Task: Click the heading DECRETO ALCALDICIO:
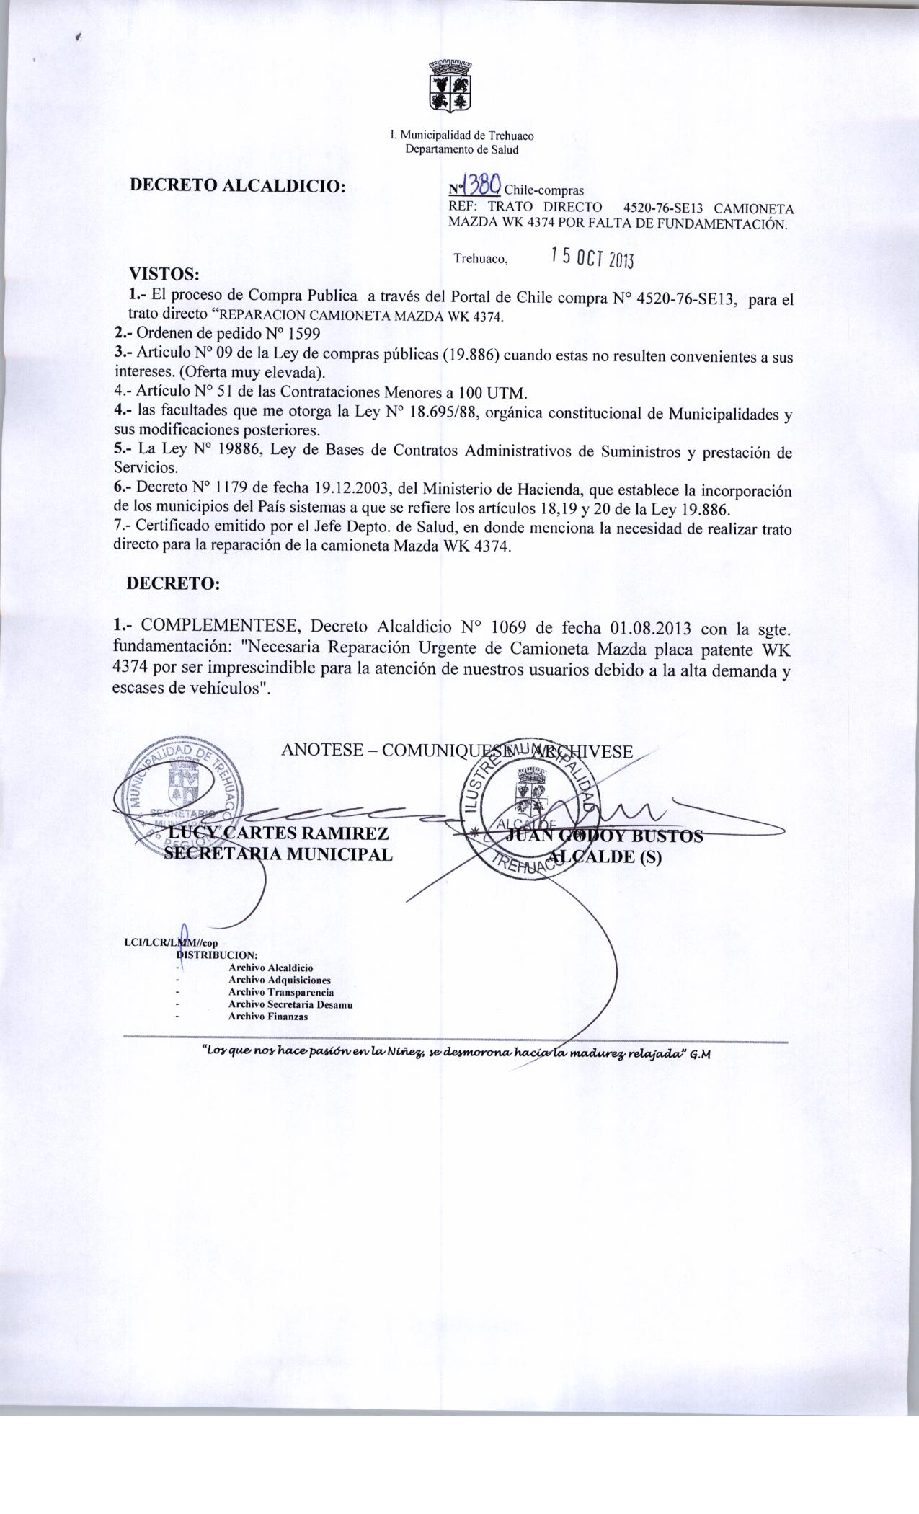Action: pos(238,185)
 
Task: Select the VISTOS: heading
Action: pos(163,274)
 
